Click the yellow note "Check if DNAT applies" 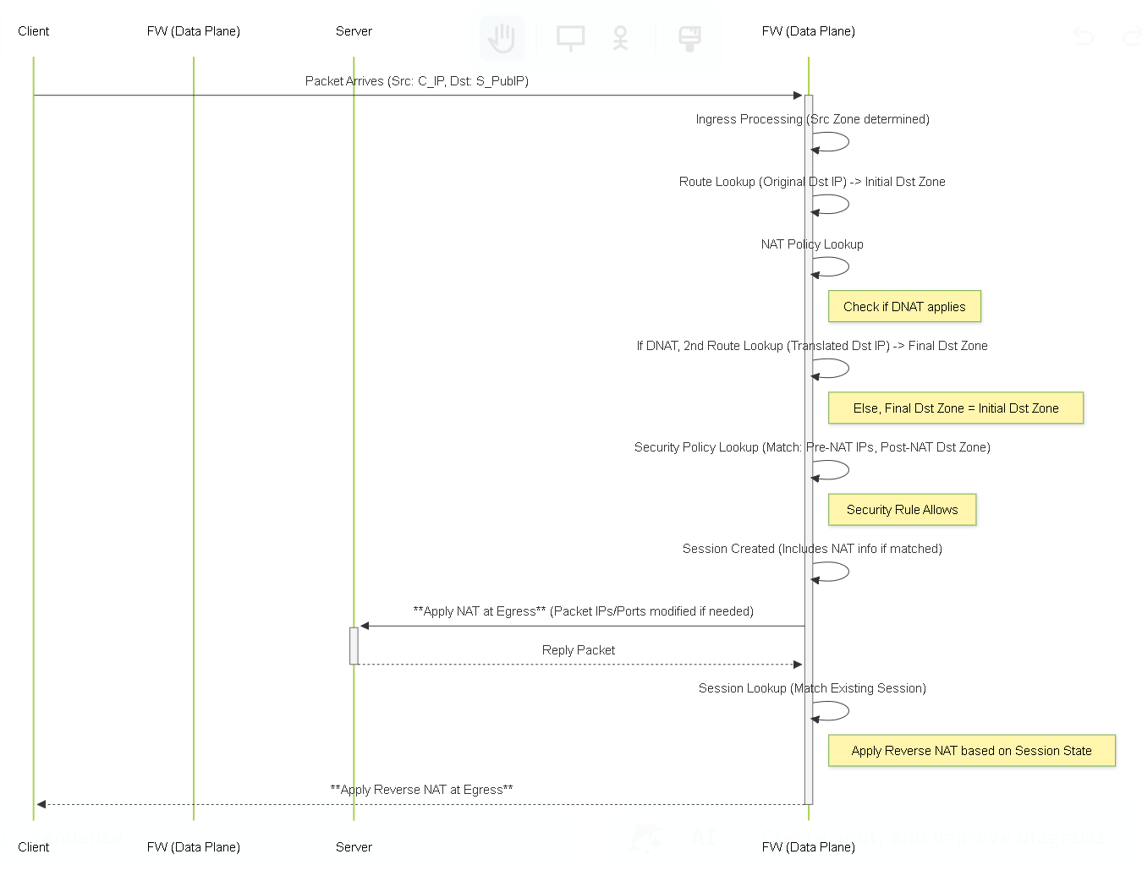pyautogui.click(x=904, y=306)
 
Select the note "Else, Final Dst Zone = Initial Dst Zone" pyautogui.click(x=955, y=408)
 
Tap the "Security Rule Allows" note pyautogui.click(x=902, y=509)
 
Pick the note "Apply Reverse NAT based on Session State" pyautogui.click(x=971, y=750)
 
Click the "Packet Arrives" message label pyautogui.click(x=417, y=81)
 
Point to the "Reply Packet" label pyautogui.click(x=578, y=649)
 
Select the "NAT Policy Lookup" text pyautogui.click(x=812, y=244)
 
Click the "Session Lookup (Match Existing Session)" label pyautogui.click(x=812, y=688)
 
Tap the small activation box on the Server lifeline pyautogui.click(x=354, y=645)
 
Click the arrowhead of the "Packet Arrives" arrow pyautogui.click(x=798, y=95)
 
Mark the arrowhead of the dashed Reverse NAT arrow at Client pyautogui.click(x=41, y=804)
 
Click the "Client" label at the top pyautogui.click(x=33, y=31)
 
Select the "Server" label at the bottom pyautogui.click(x=354, y=847)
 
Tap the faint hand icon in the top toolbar pyautogui.click(x=502, y=38)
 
